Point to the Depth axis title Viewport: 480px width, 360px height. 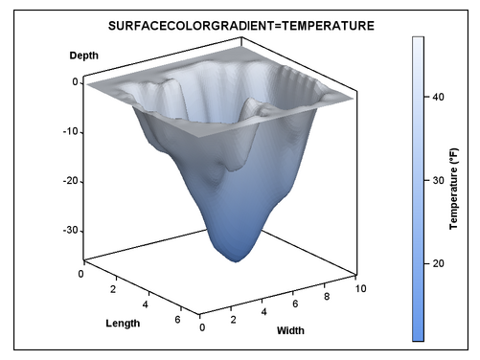(x=84, y=56)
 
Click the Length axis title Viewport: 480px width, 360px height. (x=123, y=323)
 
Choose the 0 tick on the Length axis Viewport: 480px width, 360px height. (x=80, y=275)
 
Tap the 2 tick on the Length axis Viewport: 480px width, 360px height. (x=113, y=289)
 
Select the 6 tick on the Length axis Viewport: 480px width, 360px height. (x=177, y=319)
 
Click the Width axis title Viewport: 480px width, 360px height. (x=290, y=331)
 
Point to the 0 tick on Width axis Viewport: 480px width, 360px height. (x=202, y=327)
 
